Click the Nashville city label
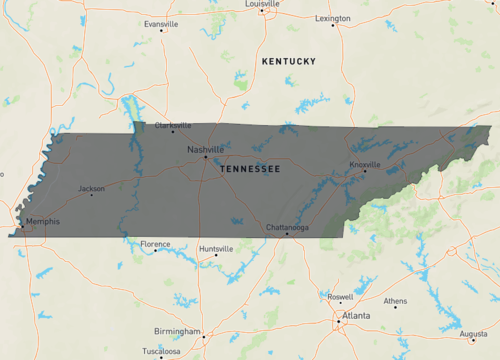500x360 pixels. coord(205,150)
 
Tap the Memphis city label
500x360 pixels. coord(42,221)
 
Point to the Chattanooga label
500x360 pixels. coord(287,227)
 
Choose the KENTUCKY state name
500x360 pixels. coord(288,62)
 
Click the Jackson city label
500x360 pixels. coord(91,188)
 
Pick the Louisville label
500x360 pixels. coord(262,4)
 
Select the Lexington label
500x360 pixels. coord(333,18)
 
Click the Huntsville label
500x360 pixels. coord(216,249)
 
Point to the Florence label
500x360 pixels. coord(155,244)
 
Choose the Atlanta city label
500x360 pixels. coord(355,316)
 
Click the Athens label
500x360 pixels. coord(395,301)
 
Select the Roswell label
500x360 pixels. coord(340,297)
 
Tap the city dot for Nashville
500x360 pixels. coord(206,157)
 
